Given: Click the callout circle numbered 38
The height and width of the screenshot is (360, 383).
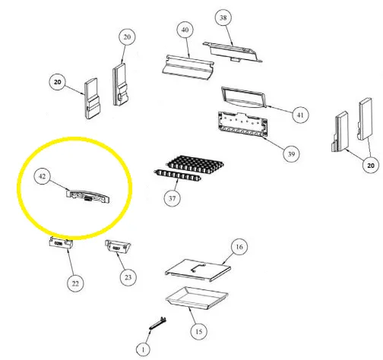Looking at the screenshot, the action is pyautogui.click(x=223, y=17).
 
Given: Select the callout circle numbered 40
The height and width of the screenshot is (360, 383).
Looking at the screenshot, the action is pyautogui.click(x=185, y=30).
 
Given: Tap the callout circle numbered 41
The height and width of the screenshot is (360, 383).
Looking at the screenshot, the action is pyautogui.click(x=300, y=115).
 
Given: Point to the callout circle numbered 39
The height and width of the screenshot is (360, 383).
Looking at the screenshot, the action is pyautogui.click(x=291, y=153).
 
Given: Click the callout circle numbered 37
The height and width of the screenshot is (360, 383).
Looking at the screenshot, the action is pyautogui.click(x=173, y=198).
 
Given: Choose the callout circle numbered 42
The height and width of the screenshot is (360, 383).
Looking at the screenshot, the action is pyautogui.click(x=42, y=176).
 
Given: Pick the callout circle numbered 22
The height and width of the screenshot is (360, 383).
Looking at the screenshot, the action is pyautogui.click(x=75, y=283).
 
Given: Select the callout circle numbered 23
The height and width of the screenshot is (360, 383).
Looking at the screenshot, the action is pyautogui.click(x=128, y=277).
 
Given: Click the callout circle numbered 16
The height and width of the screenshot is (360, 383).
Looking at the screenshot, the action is pyautogui.click(x=239, y=247).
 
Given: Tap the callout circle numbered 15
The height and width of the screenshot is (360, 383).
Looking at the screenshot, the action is pyautogui.click(x=199, y=331).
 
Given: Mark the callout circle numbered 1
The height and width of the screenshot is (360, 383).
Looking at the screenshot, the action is pyautogui.click(x=143, y=349).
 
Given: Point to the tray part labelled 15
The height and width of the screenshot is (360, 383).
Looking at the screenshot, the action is pyautogui.click(x=197, y=298).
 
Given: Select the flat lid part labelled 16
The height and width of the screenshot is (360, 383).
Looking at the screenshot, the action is pyautogui.click(x=198, y=270).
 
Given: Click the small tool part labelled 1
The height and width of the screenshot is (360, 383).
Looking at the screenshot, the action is pyautogui.click(x=158, y=324).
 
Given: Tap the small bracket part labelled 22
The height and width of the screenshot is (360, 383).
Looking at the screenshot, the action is pyautogui.click(x=61, y=243).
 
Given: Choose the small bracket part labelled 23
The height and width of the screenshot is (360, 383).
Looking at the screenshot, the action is pyautogui.click(x=118, y=247).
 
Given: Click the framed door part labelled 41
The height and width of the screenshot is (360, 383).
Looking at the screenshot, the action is pyautogui.click(x=244, y=98).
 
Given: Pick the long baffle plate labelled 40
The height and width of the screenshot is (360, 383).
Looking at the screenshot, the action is pyautogui.click(x=188, y=67).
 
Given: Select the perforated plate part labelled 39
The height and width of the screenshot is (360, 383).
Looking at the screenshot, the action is pyautogui.click(x=242, y=125).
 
